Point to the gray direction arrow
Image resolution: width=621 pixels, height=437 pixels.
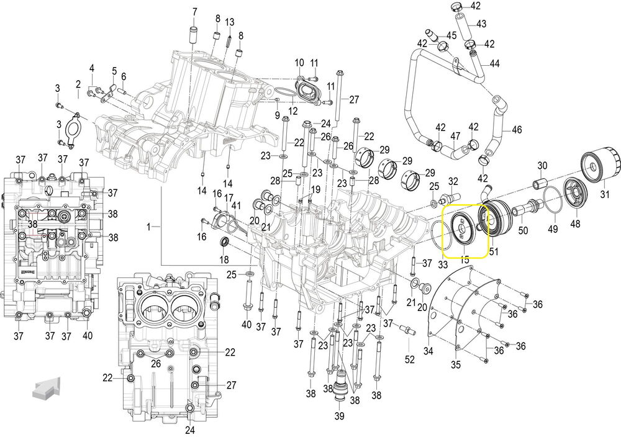point(46,388)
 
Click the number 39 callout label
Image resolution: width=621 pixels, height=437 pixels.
point(340,415)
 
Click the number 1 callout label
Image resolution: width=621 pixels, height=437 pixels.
point(148,228)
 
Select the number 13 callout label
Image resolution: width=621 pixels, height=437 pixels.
point(229,22)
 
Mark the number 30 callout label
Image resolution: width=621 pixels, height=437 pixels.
point(542,165)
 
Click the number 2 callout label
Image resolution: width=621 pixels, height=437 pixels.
point(78,84)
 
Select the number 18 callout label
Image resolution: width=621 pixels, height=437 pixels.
point(224,259)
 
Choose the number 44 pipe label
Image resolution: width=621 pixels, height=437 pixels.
point(494,63)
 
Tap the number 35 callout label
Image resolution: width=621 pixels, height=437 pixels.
point(456,364)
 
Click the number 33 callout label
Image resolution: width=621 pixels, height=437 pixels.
point(442,265)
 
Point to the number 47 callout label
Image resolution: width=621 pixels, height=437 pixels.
point(455,136)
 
